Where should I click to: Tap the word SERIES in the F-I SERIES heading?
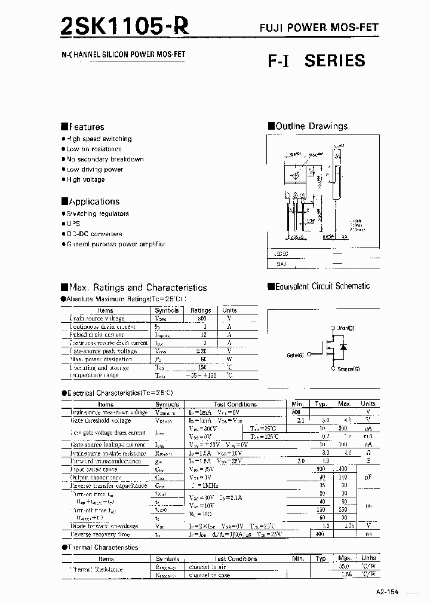point(334,60)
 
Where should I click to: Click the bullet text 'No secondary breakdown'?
point(105,159)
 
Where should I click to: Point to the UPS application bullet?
point(73,224)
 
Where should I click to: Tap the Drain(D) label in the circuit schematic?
point(345,328)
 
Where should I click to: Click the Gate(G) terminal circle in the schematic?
point(309,355)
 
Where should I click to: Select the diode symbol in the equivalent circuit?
point(342,347)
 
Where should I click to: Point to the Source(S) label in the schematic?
point(348,369)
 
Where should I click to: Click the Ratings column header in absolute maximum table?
point(201,310)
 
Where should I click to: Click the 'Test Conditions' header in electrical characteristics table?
point(235,404)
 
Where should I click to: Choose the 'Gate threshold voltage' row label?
point(100,421)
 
